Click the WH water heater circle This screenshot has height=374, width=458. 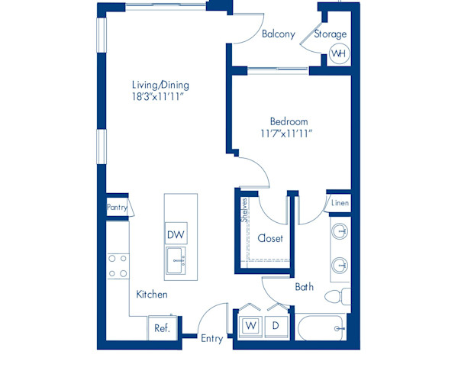(337, 53)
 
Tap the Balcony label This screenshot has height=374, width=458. (278, 34)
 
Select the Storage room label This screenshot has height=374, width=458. (331, 34)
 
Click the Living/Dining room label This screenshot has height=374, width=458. (160, 85)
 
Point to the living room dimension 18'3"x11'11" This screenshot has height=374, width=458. (160, 97)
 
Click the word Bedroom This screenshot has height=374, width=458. (289, 121)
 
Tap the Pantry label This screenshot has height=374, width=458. (117, 207)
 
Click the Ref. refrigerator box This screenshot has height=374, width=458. (162, 329)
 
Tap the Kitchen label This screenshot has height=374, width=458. (152, 294)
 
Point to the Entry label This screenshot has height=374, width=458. (211, 338)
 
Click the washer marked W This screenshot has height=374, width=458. (250, 326)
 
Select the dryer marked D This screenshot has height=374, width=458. (276, 326)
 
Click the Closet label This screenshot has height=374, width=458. (270, 238)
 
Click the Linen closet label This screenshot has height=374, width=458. (339, 203)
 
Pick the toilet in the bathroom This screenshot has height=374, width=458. (337, 297)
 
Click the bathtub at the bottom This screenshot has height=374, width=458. (321, 329)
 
